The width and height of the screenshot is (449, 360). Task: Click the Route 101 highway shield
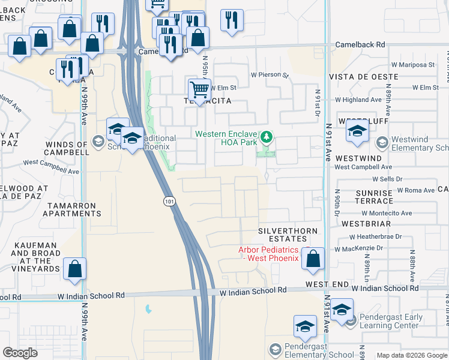(x=171, y=202)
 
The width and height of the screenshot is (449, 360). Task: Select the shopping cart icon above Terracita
(x=199, y=91)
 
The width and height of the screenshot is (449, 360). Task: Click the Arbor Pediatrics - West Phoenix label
(x=268, y=254)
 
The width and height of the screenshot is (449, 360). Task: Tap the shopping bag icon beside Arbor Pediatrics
(x=313, y=259)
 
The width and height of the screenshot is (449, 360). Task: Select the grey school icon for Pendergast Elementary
(x=275, y=349)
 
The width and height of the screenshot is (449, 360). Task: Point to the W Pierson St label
(x=270, y=76)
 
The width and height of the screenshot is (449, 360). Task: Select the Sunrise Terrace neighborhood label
(x=373, y=197)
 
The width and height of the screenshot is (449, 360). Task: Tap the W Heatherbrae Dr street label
(x=376, y=237)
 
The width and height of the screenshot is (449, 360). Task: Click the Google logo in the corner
(x=20, y=353)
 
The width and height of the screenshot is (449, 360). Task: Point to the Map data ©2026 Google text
(x=411, y=355)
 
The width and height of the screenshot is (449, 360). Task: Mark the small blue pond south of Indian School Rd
(x=148, y=309)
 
